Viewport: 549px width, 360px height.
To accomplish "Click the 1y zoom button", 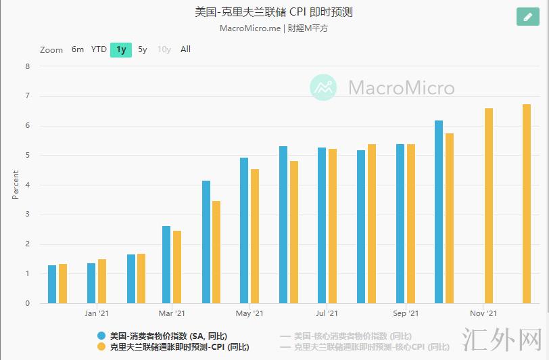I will click(x=121, y=49).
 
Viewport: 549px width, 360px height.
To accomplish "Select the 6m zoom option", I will click(x=78, y=49).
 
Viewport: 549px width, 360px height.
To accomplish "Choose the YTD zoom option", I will click(x=99, y=49).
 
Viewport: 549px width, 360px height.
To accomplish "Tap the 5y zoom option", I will click(x=143, y=49).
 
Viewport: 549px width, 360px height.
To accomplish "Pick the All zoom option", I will click(x=185, y=49).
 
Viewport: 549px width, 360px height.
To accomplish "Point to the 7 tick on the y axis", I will click(x=28, y=96).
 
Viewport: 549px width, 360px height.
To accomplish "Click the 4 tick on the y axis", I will click(x=28, y=185).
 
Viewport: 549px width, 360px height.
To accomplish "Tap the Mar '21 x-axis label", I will click(x=172, y=313).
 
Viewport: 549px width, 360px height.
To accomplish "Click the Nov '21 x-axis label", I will click(x=483, y=313).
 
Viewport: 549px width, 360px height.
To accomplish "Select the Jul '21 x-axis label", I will click(x=327, y=313).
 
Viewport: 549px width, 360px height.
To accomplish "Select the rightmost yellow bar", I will click(x=527, y=204).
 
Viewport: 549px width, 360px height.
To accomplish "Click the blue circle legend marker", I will click(x=101, y=336).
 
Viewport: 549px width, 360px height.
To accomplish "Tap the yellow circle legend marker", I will click(x=101, y=347).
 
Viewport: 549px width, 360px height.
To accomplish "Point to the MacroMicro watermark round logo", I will click(x=323, y=87).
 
